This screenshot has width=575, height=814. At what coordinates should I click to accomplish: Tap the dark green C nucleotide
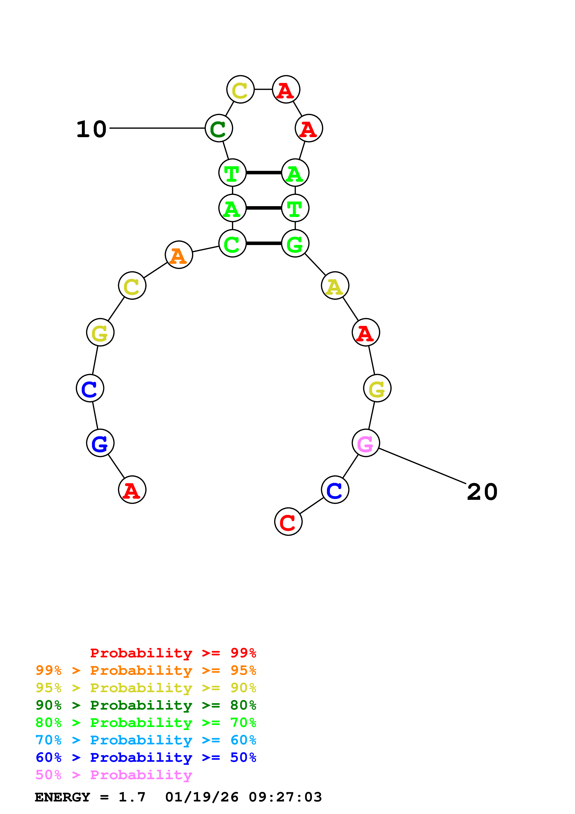pyautogui.click(x=218, y=128)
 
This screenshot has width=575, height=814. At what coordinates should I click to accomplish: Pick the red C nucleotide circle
pyautogui.click(x=288, y=522)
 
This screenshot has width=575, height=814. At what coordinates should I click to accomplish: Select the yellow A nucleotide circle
pyautogui.click(x=335, y=285)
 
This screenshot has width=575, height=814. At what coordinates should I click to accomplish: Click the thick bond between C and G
pyautogui.click(x=263, y=243)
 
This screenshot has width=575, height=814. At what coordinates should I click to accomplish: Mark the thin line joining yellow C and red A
pyautogui.click(x=263, y=89)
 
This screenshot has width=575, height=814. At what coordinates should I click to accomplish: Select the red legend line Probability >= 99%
pyautogui.click(x=173, y=653)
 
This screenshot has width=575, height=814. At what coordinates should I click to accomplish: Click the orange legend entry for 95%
pyautogui.click(x=146, y=670)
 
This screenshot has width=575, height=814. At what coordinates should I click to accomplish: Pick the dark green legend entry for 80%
pyautogui.click(x=146, y=705)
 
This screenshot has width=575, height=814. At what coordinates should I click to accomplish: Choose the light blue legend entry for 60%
pyautogui.click(x=146, y=740)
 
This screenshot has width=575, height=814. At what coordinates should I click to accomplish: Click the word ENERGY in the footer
pyautogui.click(x=62, y=797)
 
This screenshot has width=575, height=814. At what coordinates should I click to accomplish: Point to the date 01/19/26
pyautogui.click(x=202, y=797)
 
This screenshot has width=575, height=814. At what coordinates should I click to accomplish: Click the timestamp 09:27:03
pyautogui.click(x=285, y=797)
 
